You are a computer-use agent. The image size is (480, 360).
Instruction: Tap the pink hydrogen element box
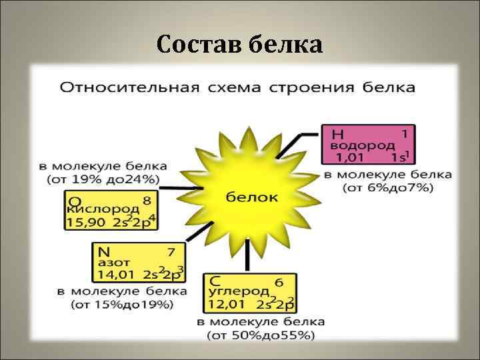[368, 144]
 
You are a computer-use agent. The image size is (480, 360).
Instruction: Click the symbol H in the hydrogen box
[337, 133]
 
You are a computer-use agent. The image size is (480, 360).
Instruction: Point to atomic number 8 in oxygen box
[147, 199]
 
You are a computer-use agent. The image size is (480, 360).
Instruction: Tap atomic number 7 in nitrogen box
[171, 252]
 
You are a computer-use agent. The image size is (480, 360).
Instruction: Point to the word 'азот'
[110, 263]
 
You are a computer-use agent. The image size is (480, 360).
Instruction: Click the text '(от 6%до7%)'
[388, 188]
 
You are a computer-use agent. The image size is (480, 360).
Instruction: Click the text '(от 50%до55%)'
[260, 335]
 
